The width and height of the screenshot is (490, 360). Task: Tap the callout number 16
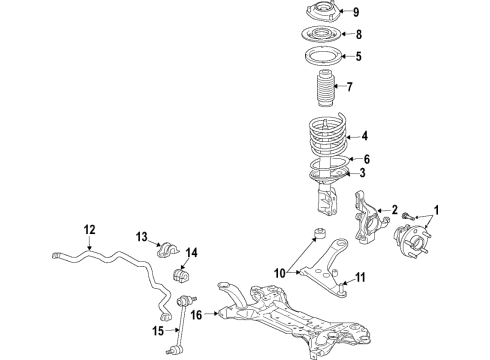196,315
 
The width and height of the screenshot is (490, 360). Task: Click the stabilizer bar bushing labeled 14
183,276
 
